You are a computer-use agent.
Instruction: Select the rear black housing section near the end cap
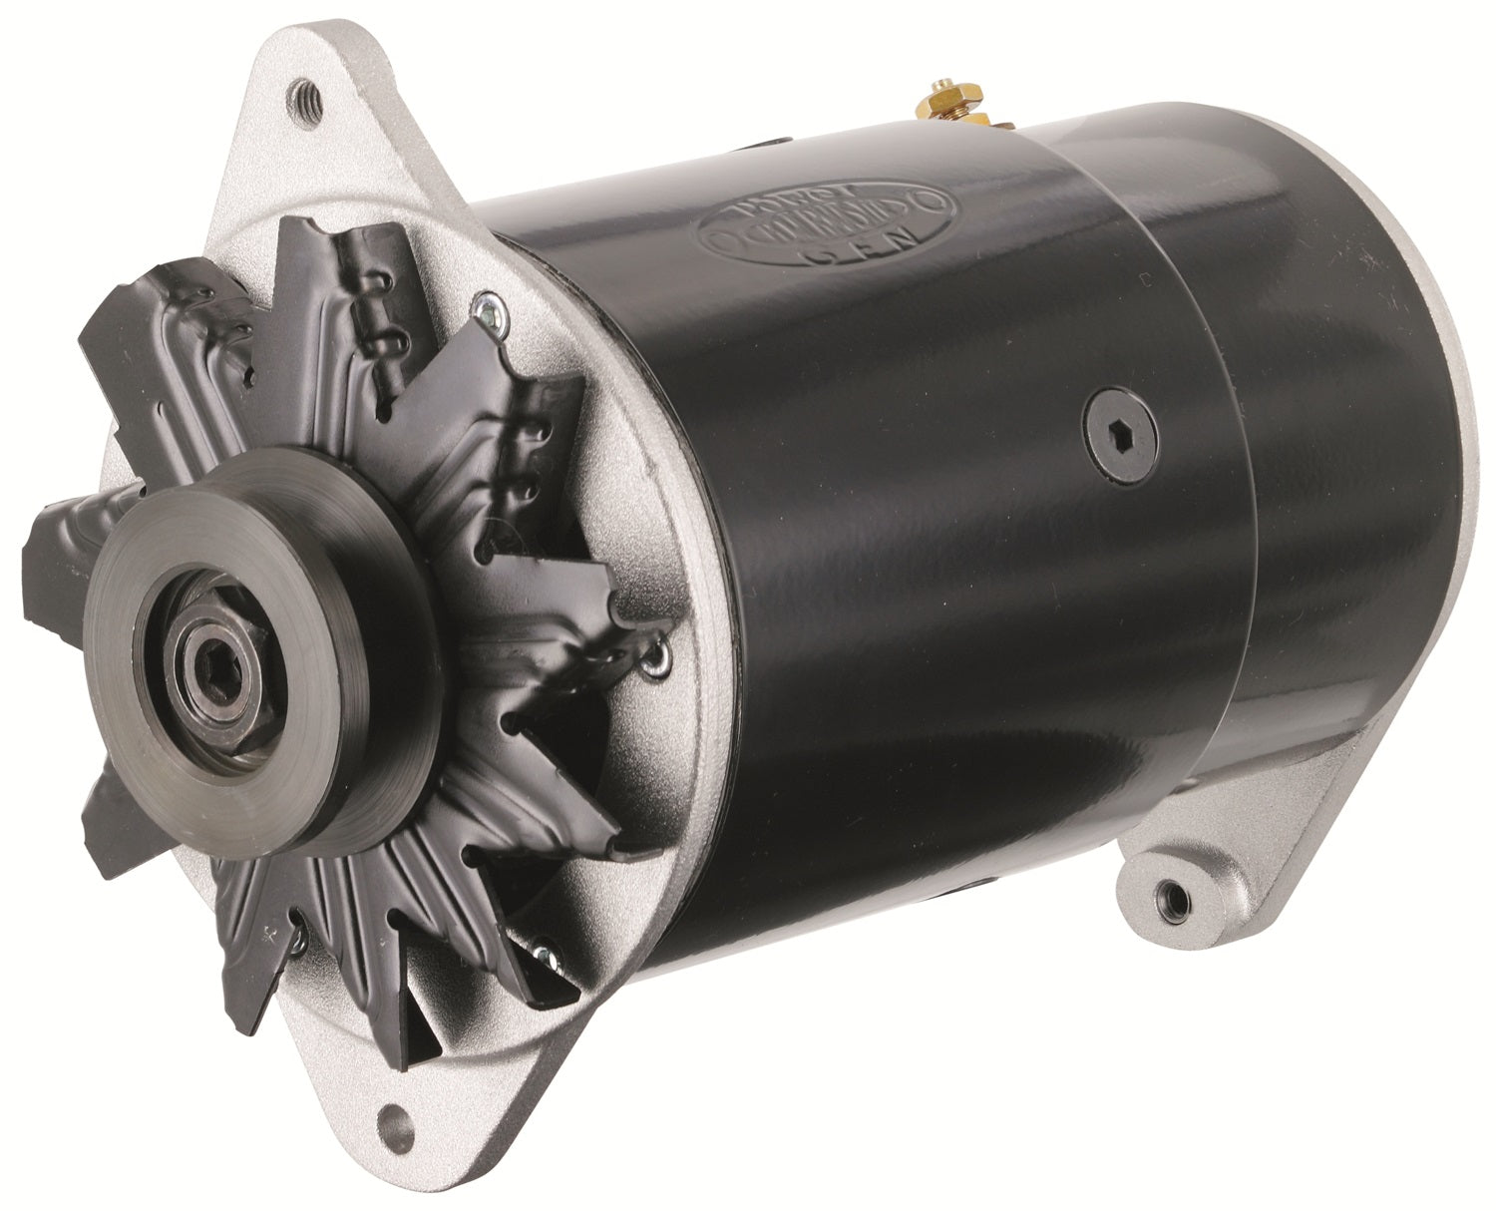click(x=1326, y=499)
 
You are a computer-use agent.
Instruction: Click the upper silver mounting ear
click(x=299, y=130)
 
